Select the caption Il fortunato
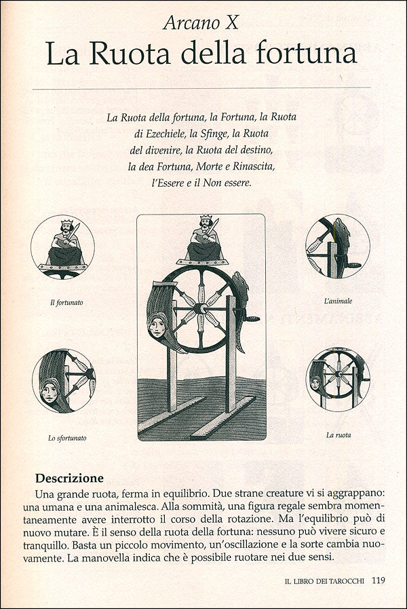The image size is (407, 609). (x=66, y=302)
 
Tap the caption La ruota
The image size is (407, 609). (x=337, y=435)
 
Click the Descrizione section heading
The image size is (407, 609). (x=69, y=477)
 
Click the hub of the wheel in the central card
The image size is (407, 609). (x=201, y=308)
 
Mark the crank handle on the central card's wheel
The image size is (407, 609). (x=250, y=318)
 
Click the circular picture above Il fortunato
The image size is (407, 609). (x=63, y=246)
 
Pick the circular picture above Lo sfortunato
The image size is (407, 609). (x=64, y=381)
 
